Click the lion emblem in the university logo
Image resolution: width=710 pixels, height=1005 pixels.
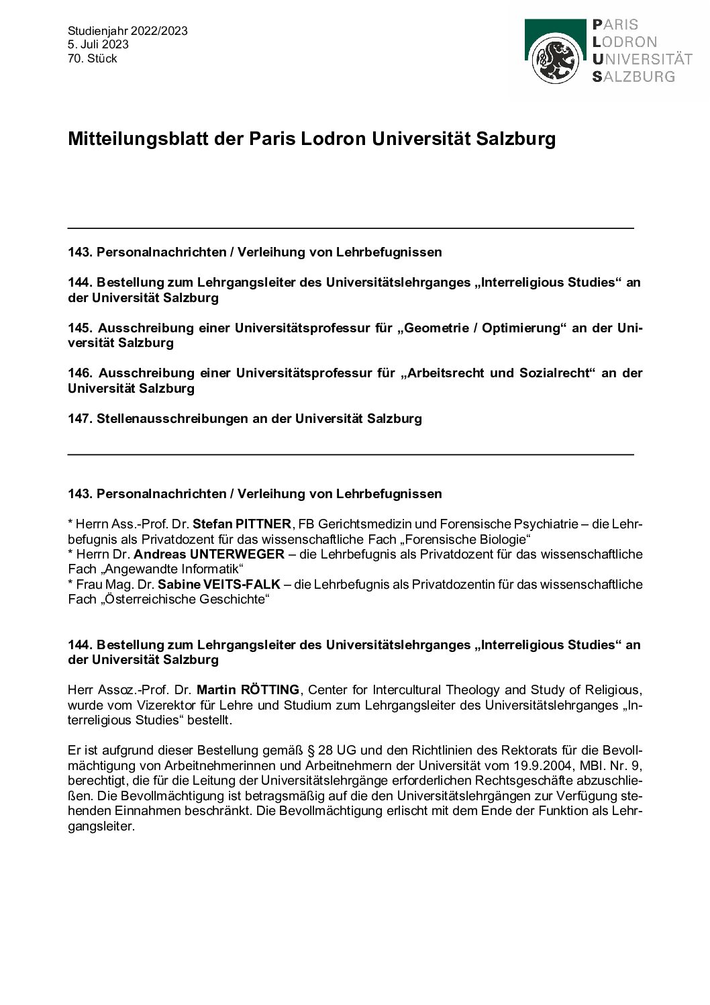click(x=555, y=59)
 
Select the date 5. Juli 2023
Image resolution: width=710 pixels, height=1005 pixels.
click(x=98, y=44)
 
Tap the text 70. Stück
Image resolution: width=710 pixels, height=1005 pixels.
click(x=93, y=58)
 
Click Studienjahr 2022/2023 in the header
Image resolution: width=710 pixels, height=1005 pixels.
click(x=128, y=31)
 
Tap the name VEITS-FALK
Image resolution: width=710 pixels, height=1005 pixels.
click(x=247, y=584)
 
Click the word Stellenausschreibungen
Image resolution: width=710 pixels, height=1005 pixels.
click(x=173, y=418)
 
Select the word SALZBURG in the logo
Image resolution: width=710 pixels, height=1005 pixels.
click(x=633, y=76)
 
